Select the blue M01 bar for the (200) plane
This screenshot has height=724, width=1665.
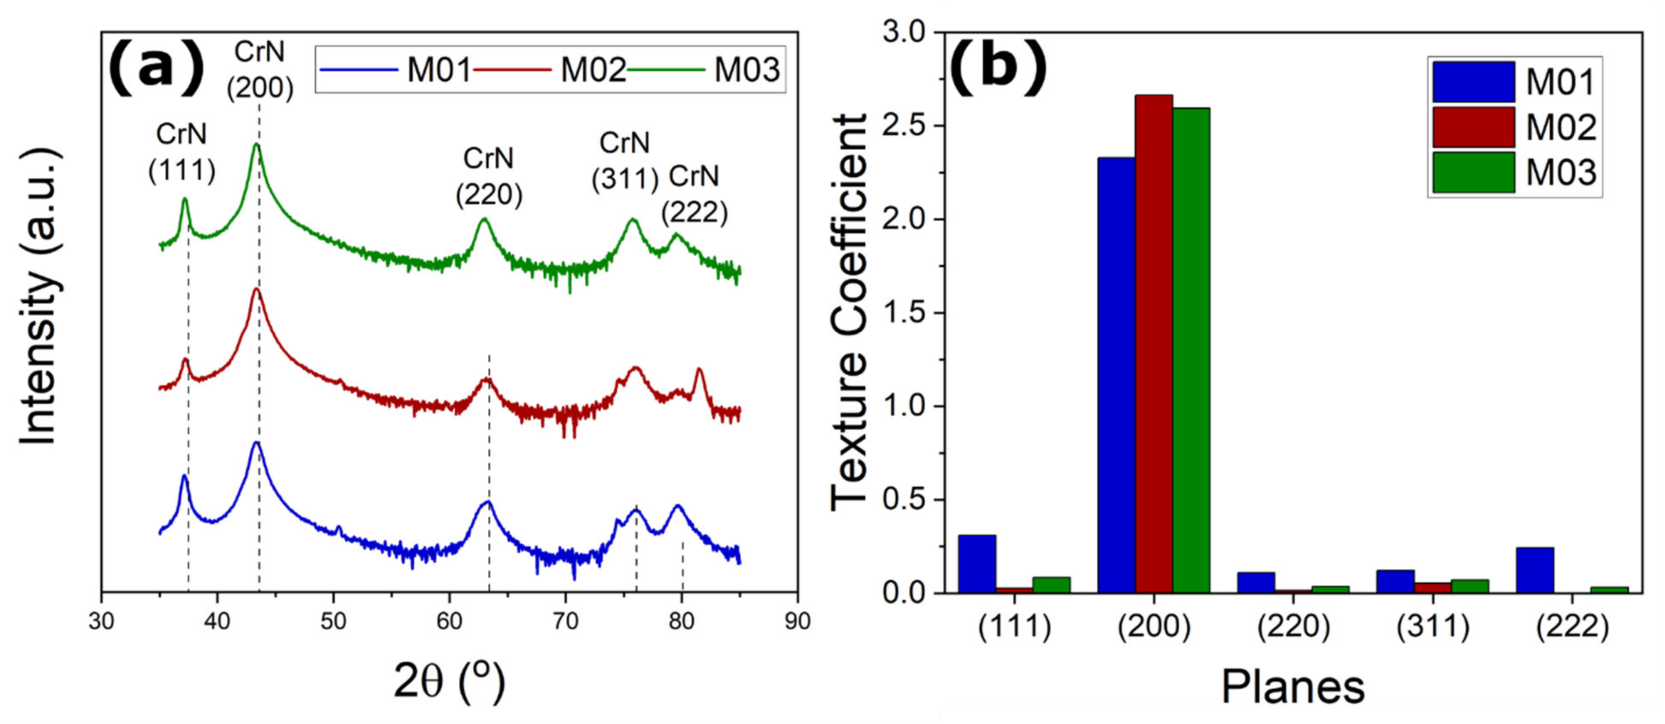(1116, 374)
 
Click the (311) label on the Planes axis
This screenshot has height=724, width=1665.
(1433, 626)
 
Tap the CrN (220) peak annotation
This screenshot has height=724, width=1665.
(489, 176)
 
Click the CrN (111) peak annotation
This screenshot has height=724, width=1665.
(182, 152)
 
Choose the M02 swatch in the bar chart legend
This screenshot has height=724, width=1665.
(1473, 127)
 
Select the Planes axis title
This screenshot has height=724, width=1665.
(1293, 687)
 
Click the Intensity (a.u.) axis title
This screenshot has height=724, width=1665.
(39, 297)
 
